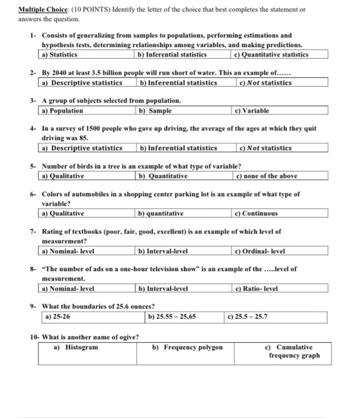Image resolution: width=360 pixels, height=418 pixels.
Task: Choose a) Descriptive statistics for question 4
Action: click(x=82, y=147)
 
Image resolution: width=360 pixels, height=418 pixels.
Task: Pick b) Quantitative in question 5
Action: click(x=163, y=176)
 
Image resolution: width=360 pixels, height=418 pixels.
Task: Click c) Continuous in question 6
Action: click(x=257, y=213)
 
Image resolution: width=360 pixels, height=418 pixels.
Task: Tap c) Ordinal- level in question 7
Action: click(x=261, y=251)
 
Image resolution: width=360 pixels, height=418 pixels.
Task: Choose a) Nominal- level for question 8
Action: click(x=68, y=288)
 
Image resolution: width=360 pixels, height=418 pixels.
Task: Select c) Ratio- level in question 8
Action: click(x=257, y=288)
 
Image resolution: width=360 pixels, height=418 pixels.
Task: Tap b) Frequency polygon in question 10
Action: click(x=187, y=347)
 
